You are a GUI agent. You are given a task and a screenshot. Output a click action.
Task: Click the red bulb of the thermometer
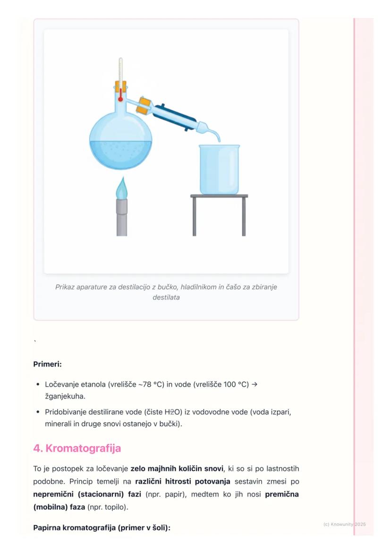[x=120, y=99]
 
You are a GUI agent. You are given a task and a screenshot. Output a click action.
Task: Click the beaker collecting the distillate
[x=219, y=169]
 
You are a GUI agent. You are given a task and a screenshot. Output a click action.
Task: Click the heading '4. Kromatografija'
[x=77, y=448]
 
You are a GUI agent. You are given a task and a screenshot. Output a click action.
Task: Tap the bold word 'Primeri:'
[x=47, y=364]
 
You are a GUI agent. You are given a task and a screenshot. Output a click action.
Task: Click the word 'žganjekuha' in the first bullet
[x=64, y=396]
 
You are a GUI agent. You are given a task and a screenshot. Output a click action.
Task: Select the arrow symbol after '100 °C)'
[x=255, y=384]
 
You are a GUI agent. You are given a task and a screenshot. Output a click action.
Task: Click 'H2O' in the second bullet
[x=172, y=412]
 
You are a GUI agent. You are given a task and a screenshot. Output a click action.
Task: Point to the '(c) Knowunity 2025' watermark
[x=344, y=525]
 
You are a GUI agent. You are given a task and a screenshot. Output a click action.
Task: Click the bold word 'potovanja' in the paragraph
[x=212, y=482]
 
